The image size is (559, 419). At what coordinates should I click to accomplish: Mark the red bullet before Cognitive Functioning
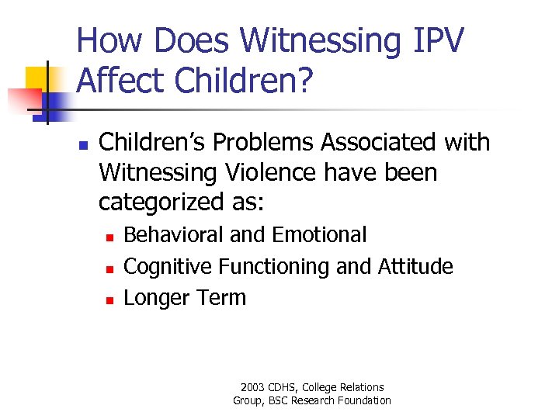[x=110, y=268]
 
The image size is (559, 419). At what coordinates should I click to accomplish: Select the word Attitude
[x=415, y=266]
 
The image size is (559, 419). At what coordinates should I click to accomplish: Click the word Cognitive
[x=168, y=266]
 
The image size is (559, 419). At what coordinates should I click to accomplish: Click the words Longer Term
[x=185, y=298]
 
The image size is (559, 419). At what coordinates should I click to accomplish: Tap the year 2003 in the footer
[x=253, y=387]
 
